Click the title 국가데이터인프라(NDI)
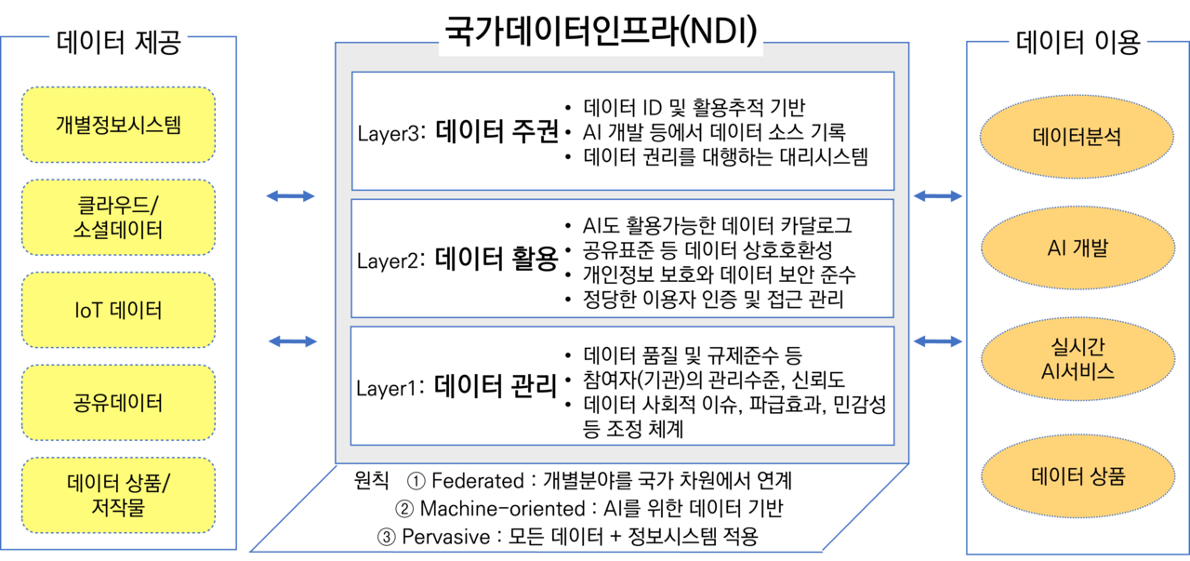click(602, 32)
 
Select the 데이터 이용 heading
click(1078, 43)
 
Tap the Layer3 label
click(389, 132)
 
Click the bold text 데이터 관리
click(496, 384)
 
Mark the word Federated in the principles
click(478, 481)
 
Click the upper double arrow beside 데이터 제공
click(290, 195)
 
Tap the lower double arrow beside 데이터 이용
click(937, 341)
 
